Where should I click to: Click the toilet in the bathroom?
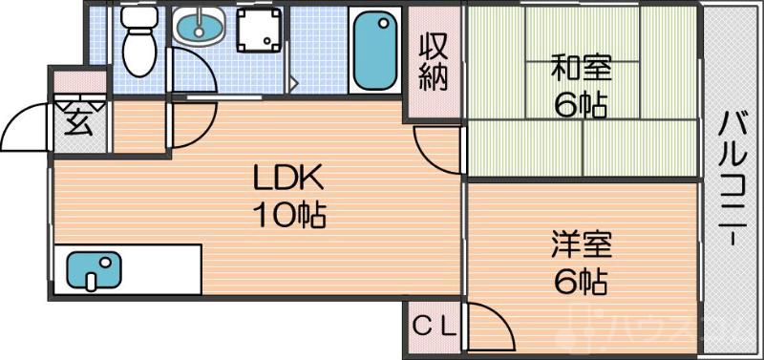(x=138, y=43)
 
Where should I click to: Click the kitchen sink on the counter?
(x=93, y=270)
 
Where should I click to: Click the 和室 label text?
(x=582, y=70)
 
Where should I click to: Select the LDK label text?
(x=289, y=178)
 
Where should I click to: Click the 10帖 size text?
(x=289, y=215)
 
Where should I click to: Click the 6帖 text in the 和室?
(x=582, y=105)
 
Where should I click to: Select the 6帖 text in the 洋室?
(x=581, y=282)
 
